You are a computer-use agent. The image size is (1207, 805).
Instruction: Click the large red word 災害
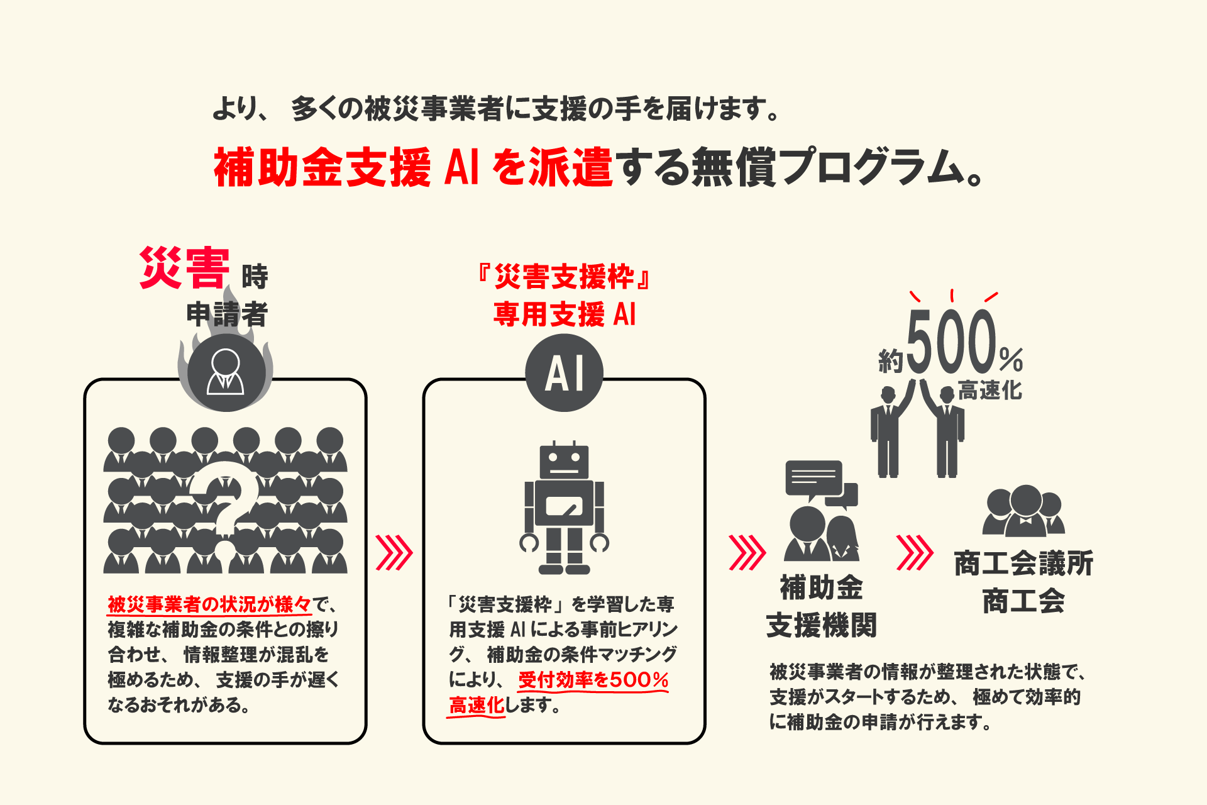184,269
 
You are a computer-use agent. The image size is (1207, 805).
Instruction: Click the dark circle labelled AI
564,373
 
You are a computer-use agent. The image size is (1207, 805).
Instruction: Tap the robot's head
564,462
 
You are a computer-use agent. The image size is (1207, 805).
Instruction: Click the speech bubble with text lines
813,479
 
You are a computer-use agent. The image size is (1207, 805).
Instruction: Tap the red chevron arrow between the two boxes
394,553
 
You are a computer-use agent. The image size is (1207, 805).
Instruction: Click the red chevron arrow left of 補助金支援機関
746,553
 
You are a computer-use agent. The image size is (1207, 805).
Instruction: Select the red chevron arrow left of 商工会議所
914,553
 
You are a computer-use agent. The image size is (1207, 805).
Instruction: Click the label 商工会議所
1023,563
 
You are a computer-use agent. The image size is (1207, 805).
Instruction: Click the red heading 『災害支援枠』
564,277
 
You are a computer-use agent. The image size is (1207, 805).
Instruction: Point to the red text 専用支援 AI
564,314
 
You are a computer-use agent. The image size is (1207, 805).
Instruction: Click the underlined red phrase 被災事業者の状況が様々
209,604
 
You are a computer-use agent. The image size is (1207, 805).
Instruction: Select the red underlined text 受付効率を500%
593,680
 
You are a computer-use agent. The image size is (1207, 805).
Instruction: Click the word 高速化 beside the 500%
990,391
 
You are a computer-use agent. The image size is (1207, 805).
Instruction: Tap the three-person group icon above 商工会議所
1023,511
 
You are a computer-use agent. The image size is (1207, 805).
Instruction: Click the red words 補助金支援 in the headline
322,168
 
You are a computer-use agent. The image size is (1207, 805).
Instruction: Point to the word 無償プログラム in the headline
836,168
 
